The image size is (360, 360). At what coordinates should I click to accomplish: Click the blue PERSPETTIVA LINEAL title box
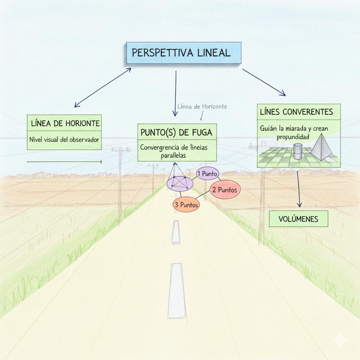coord(183,53)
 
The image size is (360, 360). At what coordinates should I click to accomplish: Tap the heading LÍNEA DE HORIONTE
coord(65,123)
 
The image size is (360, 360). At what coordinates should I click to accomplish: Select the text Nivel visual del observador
coord(64,140)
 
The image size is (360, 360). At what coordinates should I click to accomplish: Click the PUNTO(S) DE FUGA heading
coord(177,133)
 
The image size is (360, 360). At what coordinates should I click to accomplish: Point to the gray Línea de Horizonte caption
coord(202,106)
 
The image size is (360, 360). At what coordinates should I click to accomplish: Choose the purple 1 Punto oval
coord(207,173)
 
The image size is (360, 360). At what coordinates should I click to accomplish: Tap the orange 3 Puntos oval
coord(186,205)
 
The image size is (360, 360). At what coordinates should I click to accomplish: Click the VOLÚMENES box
coord(298,219)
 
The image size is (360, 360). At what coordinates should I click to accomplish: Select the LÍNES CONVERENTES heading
coord(296,112)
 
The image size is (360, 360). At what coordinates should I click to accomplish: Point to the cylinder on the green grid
coord(298,151)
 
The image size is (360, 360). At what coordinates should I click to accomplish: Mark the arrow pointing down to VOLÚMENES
coord(299,189)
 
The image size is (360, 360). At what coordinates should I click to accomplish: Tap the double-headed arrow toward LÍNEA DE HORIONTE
coord(102,88)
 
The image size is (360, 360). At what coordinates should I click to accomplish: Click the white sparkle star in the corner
coord(340,340)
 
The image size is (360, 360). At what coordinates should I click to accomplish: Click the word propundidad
coord(293,137)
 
